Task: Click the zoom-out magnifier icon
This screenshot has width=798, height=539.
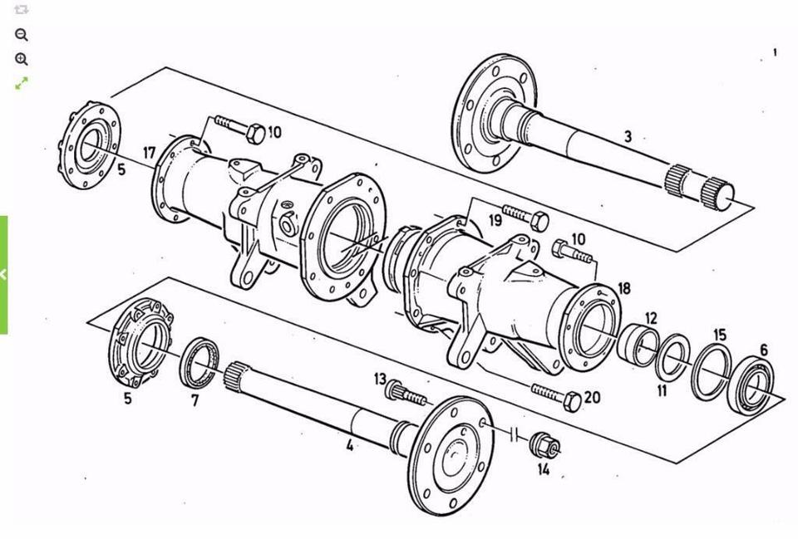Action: pos(22,35)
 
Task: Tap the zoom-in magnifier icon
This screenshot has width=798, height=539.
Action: pos(22,59)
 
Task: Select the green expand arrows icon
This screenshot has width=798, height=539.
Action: pos(22,83)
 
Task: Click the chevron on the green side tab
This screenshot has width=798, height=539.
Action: pos(3,275)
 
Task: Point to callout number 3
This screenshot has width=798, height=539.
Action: pos(628,136)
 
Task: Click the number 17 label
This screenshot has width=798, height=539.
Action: pos(149,153)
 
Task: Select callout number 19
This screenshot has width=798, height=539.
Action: pos(495,220)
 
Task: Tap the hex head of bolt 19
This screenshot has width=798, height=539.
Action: pos(539,223)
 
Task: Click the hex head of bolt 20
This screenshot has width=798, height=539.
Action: pos(572,402)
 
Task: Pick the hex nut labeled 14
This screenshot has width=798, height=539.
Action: pos(544,444)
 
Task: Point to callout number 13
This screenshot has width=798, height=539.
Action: pos(380,379)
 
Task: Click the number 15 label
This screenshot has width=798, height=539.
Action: pos(720,335)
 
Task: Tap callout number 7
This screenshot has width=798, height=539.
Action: pos(195,400)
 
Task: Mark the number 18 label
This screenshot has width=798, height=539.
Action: pos(624,288)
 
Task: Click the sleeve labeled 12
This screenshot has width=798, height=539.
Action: pos(638,345)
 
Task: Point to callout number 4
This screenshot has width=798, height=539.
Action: pos(350,445)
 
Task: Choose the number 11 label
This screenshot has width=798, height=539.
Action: pos(662,391)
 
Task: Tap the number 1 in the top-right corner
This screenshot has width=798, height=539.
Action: pos(775,51)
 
